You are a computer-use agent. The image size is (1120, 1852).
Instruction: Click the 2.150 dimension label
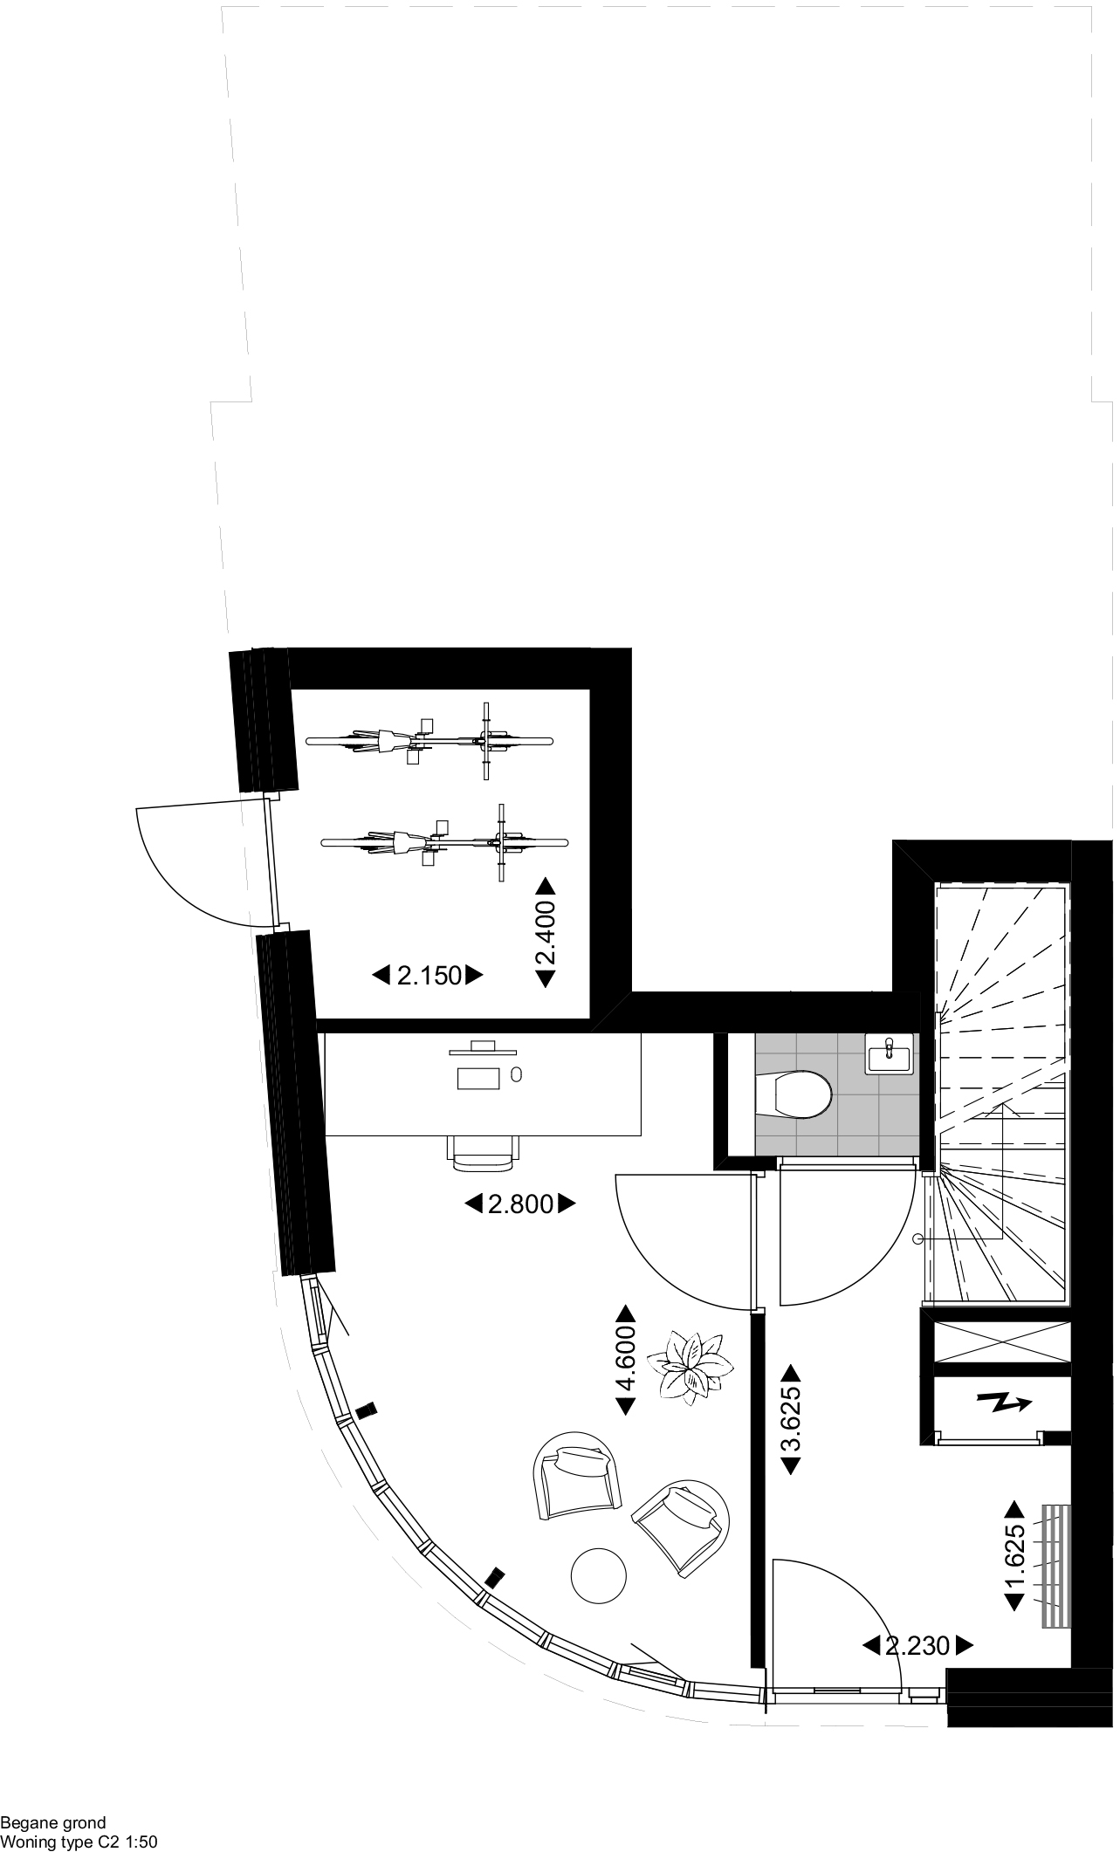pos(429,975)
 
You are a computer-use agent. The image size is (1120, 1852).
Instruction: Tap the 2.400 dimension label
pos(546,932)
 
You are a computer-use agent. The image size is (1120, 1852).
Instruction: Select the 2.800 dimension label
pos(520,1204)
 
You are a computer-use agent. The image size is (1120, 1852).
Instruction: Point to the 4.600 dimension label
pos(627,1360)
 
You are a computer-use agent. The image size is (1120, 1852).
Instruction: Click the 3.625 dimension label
pos(790,1419)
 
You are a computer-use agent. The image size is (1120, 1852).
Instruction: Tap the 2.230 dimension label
pos(917,1646)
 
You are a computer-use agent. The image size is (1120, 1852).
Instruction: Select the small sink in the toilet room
pos(889,1053)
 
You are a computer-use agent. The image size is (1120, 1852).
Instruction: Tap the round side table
pos(598,1575)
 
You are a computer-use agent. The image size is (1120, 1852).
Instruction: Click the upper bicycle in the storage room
pos(429,741)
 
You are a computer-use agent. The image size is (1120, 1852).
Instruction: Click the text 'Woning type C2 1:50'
pos(79,1842)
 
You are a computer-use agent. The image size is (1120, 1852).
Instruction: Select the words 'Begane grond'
pos(53,1823)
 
